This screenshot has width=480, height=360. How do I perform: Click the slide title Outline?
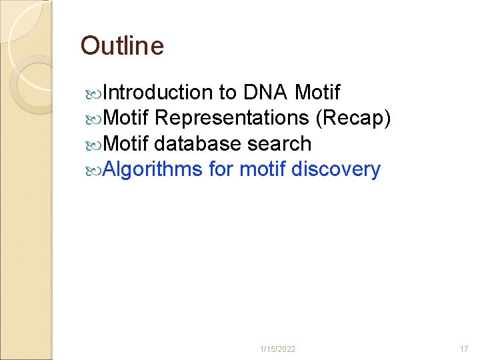coord(122,46)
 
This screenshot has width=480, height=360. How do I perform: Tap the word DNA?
coord(265,92)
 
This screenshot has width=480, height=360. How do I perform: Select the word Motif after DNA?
coord(317,92)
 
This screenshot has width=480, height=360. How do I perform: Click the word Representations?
coord(231,118)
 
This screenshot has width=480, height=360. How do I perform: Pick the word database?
coord(197,143)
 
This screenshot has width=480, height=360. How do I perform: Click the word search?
coord(279,143)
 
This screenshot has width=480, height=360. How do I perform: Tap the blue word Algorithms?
coord(153,169)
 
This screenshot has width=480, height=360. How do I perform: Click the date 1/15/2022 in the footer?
coord(278,349)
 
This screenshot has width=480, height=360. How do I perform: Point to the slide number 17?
coord(464,349)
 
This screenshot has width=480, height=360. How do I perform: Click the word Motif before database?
coord(127,143)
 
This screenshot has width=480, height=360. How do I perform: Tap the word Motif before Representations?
coord(127,118)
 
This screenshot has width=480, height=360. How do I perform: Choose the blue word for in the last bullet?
coord(221,169)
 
